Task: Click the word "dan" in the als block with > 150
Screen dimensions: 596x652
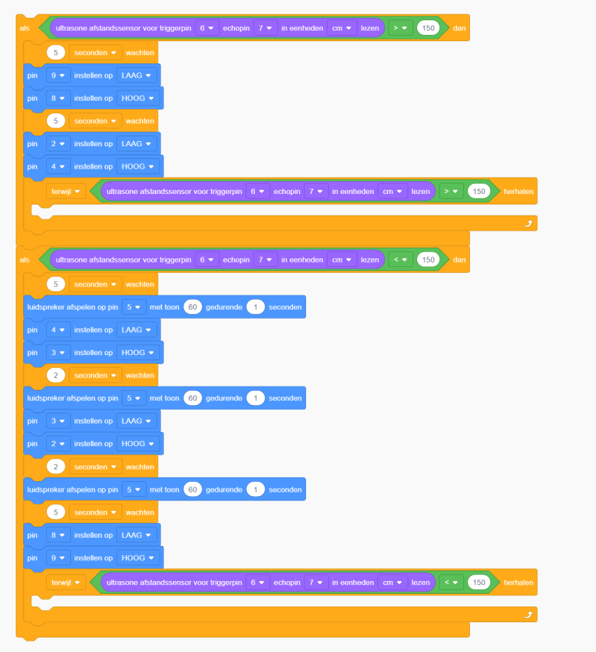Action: pos(459,28)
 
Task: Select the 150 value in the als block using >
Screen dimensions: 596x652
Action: pos(428,28)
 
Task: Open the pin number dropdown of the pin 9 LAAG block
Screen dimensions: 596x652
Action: pos(58,75)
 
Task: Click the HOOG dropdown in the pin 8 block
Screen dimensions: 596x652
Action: pos(137,98)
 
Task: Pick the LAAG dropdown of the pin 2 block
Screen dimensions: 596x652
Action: pos(136,143)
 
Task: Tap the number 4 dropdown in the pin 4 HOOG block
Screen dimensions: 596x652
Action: pos(58,166)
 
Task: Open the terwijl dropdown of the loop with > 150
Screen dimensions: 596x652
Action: pos(66,191)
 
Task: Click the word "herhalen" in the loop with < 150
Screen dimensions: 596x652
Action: pos(518,582)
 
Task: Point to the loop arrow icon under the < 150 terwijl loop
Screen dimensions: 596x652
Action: pos(528,615)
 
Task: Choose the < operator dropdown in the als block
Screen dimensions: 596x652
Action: pos(401,260)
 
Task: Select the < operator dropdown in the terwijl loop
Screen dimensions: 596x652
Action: pos(451,582)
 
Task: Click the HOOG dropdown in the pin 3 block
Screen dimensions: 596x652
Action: pos(137,352)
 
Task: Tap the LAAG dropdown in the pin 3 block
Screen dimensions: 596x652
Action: pos(136,421)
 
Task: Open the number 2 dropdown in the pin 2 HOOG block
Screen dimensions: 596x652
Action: pos(58,444)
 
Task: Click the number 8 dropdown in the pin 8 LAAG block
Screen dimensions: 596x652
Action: pos(58,535)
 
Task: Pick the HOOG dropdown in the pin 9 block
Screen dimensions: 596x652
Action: pos(137,557)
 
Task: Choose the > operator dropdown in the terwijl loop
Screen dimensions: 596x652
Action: pos(451,191)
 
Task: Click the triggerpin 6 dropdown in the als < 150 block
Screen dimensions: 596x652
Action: pos(207,260)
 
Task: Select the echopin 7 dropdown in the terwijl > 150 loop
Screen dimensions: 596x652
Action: pos(316,191)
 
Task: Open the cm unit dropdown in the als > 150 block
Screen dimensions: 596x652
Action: pos(342,28)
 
